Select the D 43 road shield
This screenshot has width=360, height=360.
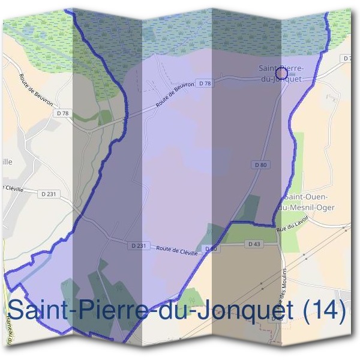[254, 244]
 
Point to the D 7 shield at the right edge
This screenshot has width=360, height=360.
[346, 59]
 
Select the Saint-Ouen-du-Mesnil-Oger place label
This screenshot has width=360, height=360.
[308, 202]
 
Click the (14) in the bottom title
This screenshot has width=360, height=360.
[323, 310]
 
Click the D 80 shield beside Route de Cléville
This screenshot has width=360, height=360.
[210, 249]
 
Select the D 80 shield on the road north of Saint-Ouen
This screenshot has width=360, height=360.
[259, 164]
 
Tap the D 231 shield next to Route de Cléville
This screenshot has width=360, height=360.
[137, 245]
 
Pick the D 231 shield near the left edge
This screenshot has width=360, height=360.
[49, 194]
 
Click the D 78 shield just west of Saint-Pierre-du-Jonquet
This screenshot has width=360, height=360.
[205, 83]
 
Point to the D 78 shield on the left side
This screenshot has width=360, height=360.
[62, 113]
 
